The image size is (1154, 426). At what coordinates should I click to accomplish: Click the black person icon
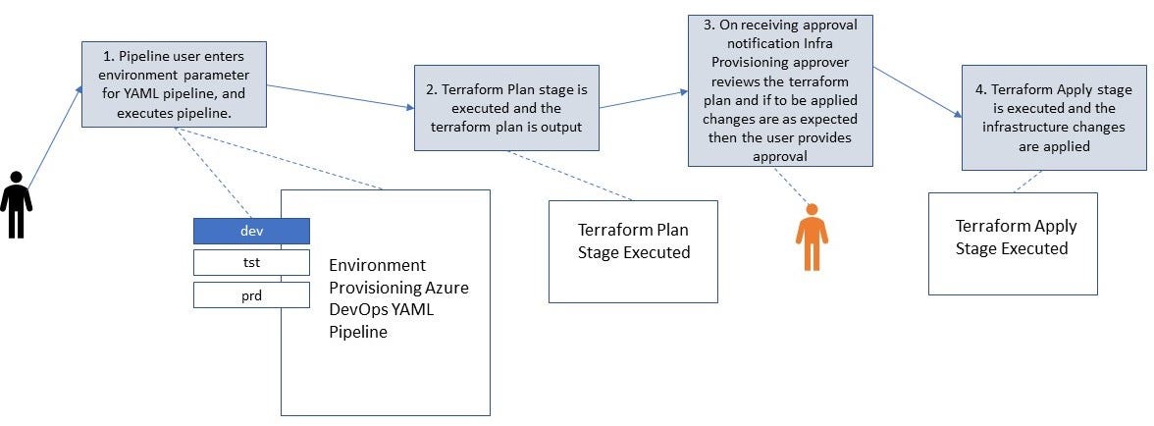[16, 203]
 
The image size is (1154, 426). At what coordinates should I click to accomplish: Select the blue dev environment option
[251, 231]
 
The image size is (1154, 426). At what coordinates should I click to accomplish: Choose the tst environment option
[251, 262]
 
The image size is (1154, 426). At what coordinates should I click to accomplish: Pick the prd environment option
[251, 294]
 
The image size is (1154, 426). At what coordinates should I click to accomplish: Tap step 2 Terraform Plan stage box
[506, 108]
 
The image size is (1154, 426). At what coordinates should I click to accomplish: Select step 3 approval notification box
[780, 89]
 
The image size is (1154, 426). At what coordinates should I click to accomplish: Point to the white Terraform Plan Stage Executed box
[633, 251]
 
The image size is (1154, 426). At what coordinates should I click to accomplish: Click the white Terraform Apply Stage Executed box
[1013, 243]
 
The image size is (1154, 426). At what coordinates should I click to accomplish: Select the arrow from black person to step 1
[54, 137]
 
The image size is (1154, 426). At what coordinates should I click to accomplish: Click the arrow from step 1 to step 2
[339, 95]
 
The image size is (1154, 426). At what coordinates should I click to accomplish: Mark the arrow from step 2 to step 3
[643, 99]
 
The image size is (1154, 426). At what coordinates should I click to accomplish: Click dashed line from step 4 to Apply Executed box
[1026, 181]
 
